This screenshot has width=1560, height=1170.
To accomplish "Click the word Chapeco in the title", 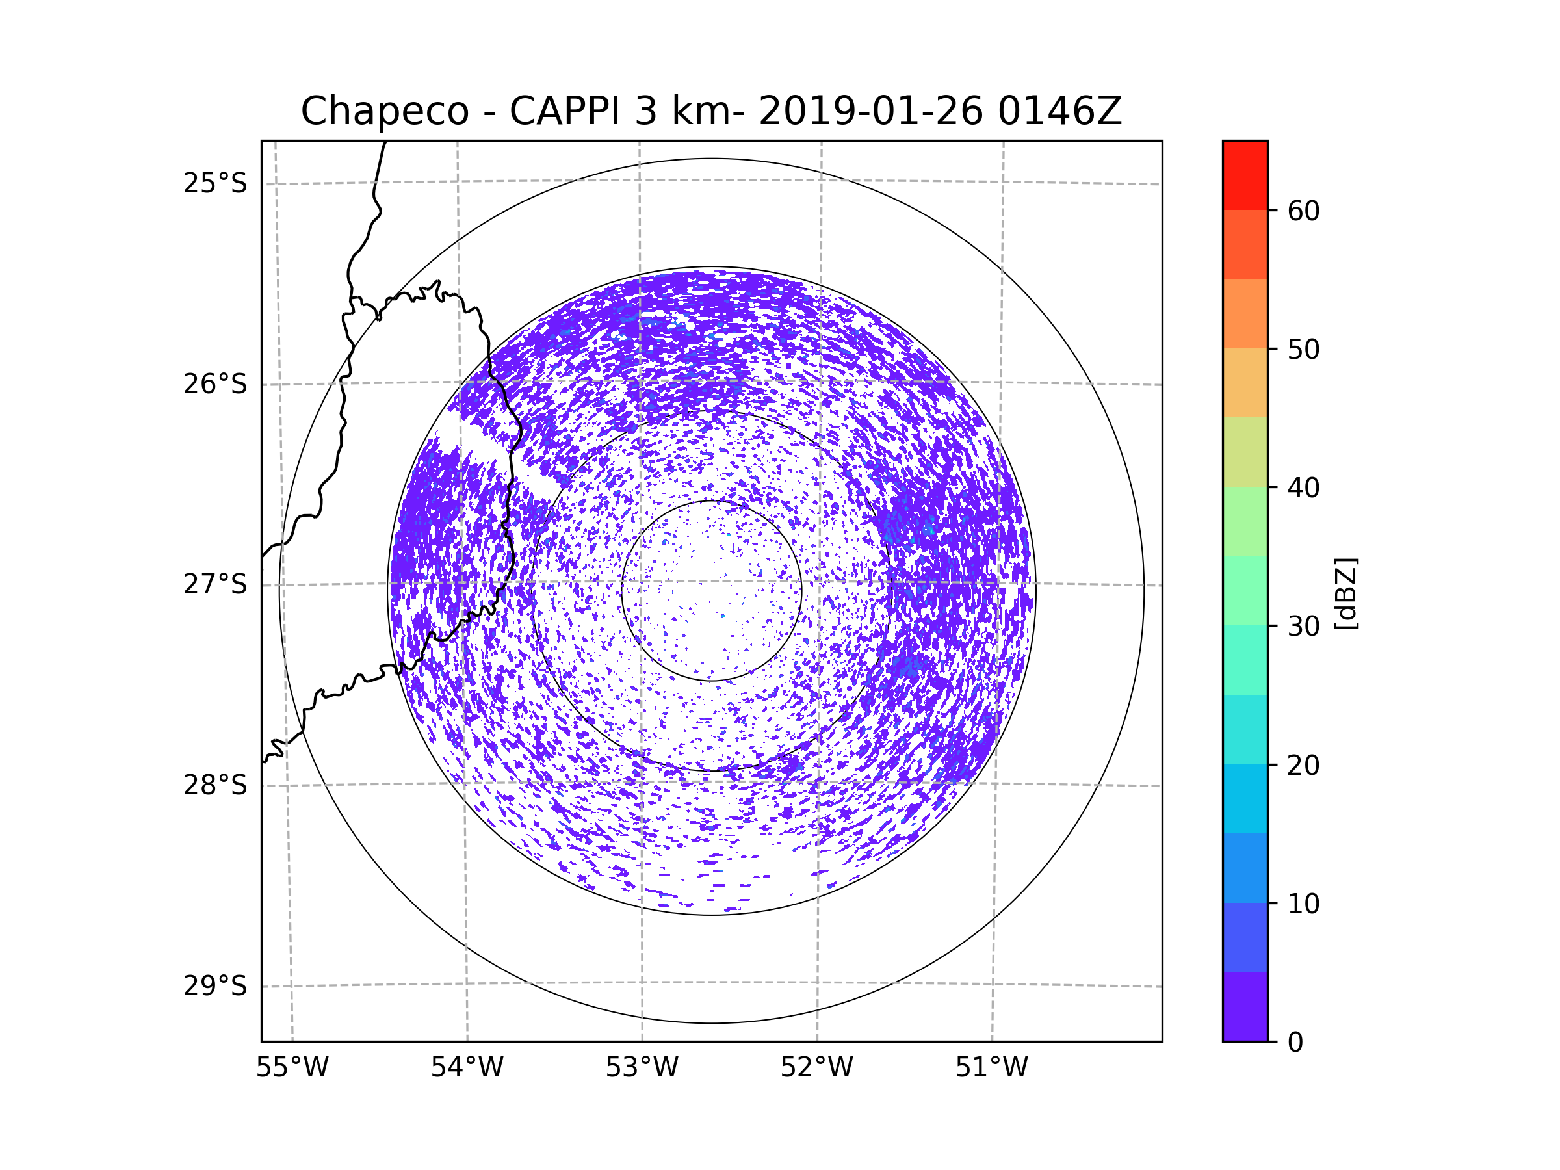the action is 384,111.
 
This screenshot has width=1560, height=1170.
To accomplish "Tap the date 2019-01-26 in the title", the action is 870,110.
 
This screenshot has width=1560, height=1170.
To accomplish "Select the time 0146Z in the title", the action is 1059,110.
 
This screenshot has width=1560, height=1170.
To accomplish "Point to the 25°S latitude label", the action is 215,183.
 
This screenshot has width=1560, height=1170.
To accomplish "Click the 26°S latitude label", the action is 215,384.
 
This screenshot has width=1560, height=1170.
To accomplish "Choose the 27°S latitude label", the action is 215,584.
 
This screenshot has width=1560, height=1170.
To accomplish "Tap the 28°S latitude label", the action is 215,785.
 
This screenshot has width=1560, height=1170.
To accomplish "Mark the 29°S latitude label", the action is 215,986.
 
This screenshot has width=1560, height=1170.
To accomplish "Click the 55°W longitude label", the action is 292,1068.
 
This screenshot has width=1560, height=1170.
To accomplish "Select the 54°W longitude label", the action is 467,1068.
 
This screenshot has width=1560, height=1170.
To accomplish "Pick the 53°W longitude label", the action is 642,1068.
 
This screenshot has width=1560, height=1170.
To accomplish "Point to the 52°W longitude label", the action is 816,1068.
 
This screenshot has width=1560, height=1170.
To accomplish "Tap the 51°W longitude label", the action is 991,1068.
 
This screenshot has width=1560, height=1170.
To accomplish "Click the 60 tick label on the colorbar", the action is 1303,211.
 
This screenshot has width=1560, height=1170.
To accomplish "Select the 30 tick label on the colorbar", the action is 1303,626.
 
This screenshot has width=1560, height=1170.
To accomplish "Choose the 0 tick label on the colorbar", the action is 1295,1043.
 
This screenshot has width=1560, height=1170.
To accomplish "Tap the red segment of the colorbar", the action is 1245,175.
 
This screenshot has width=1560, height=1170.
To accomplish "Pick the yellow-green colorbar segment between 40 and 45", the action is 1245,452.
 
